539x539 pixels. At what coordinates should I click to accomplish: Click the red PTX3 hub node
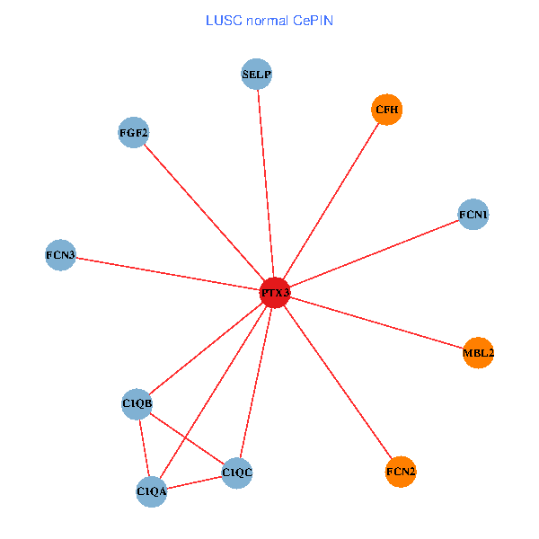pyautogui.click(x=275, y=293)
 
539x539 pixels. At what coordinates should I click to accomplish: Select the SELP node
pyautogui.click(x=257, y=74)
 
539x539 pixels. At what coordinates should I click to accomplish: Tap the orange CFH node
pyautogui.click(x=386, y=110)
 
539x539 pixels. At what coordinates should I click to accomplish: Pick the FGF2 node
pyautogui.click(x=134, y=133)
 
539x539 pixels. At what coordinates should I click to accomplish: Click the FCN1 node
pyautogui.click(x=473, y=215)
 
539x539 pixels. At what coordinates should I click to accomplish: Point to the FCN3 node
pyautogui.click(x=60, y=255)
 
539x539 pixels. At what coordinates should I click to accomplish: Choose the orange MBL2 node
pyautogui.click(x=478, y=353)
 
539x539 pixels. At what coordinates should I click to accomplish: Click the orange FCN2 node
pyautogui.click(x=401, y=471)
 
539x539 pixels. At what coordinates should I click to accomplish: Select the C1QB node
pyautogui.click(x=137, y=403)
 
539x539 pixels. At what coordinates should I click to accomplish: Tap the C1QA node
pyautogui.click(x=152, y=491)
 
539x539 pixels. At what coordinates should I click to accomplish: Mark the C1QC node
pyautogui.click(x=237, y=472)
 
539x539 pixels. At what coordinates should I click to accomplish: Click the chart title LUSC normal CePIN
pyautogui.click(x=269, y=20)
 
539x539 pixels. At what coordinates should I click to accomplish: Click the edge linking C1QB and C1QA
pyautogui.click(x=145, y=447)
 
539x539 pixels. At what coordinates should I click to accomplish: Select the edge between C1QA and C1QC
pyautogui.click(x=194, y=482)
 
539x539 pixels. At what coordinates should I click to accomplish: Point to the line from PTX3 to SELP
pyautogui.click(x=266, y=183)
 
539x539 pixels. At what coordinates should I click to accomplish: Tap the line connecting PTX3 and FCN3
pyautogui.click(x=167, y=274)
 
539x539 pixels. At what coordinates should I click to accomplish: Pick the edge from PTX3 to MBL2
pyautogui.click(x=376, y=323)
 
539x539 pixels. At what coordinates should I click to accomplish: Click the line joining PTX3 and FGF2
pyautogui.click(x=205, y=213)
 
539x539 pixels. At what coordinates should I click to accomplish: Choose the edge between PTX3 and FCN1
pyautogui.click(x=374, y=254)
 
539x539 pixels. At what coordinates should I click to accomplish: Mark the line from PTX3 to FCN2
pyautogui.click(x=338, y=382)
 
